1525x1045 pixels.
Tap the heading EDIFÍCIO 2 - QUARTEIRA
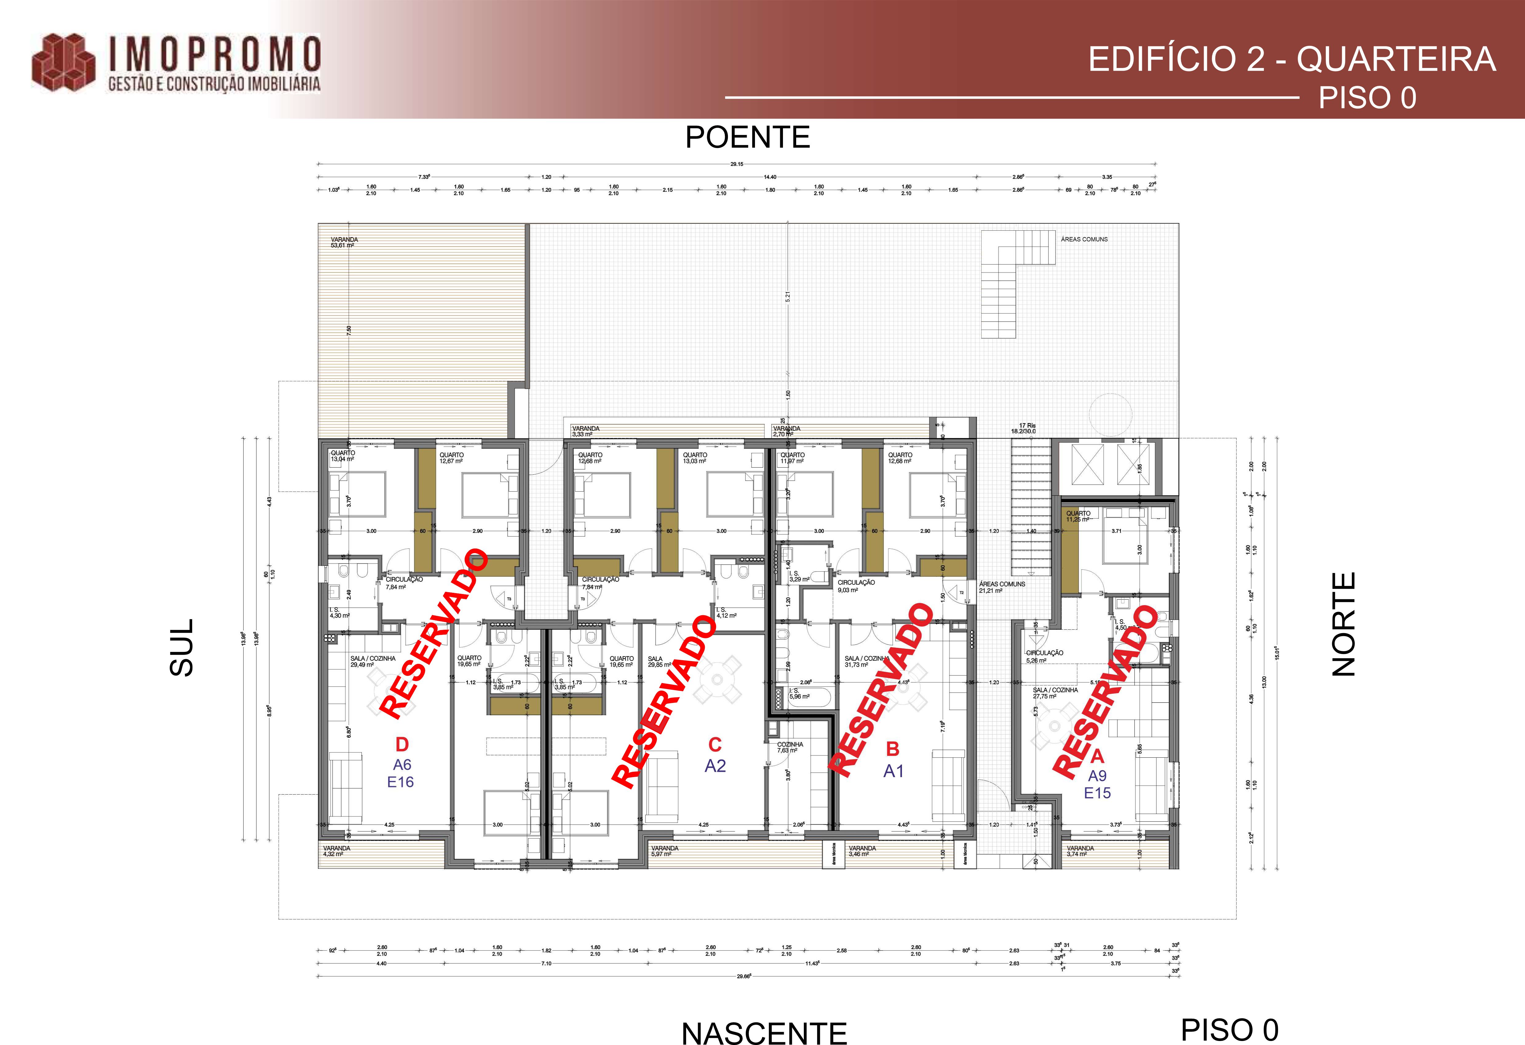coord(1291,60)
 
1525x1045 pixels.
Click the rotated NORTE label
coord(1343,624)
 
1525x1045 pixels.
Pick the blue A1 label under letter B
coord(893,771)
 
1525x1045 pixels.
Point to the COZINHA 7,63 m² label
coord(790,747)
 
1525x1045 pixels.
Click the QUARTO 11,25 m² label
coord(1078,516)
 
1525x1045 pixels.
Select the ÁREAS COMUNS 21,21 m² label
coord(1001,587)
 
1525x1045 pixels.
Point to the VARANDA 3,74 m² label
coord(1080,851)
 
